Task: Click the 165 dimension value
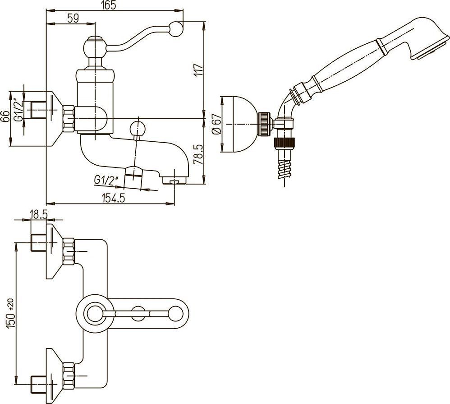tap(109, 5)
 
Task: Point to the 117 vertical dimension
tap(199, 70)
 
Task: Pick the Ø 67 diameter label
tap(216, 123)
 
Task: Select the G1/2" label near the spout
tap(106, 181)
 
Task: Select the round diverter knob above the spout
tap(136, 127)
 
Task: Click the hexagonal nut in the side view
tap(69, 118)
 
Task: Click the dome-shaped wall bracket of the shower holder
tap(239, 124)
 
